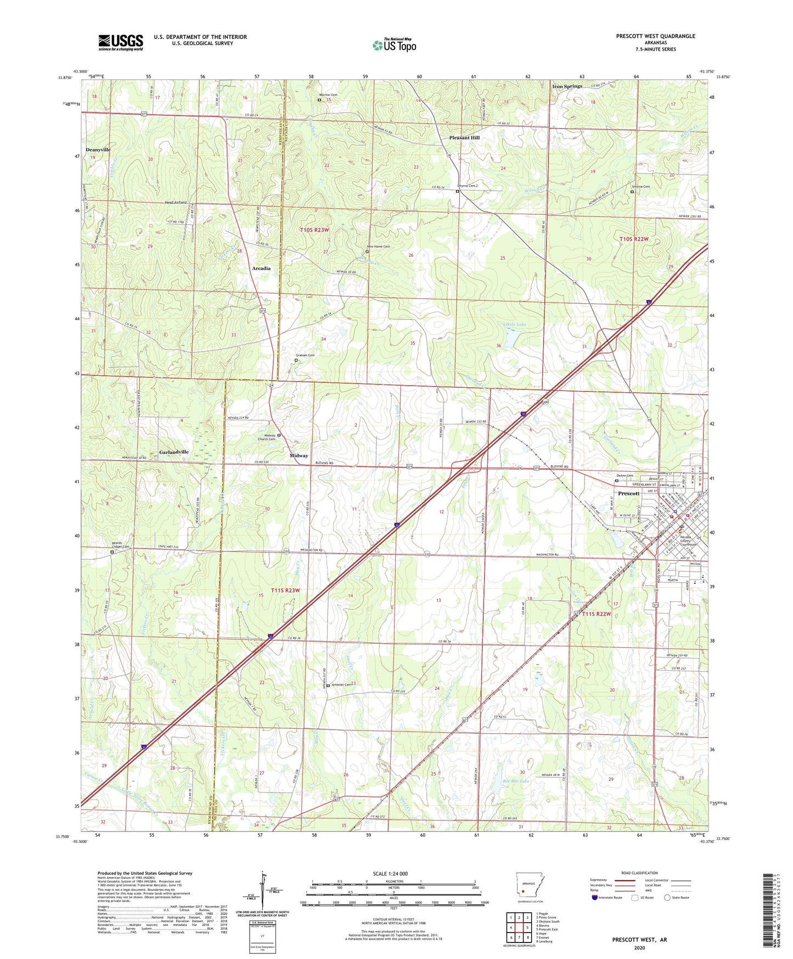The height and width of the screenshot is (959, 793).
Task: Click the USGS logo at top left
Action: coord(120,42)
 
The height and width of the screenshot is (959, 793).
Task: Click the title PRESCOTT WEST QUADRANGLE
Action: coord(655,36)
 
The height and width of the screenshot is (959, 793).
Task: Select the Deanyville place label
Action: coord(98,149)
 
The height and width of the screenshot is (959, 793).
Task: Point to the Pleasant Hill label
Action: coord(464,138)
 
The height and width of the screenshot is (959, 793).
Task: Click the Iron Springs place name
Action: coord(567,86)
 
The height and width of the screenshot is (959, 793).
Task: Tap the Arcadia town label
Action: coord(261,269)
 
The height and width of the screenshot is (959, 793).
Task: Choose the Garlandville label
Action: coord(174,452)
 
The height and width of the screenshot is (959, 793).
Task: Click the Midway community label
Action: coord(299,455)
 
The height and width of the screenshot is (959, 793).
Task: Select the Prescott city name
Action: coord(628,493)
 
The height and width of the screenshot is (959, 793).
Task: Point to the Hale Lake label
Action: coord(515,325)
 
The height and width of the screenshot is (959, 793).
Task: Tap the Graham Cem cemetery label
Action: coord(305,355)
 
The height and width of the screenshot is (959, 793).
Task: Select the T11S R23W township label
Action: coord(285,590)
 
